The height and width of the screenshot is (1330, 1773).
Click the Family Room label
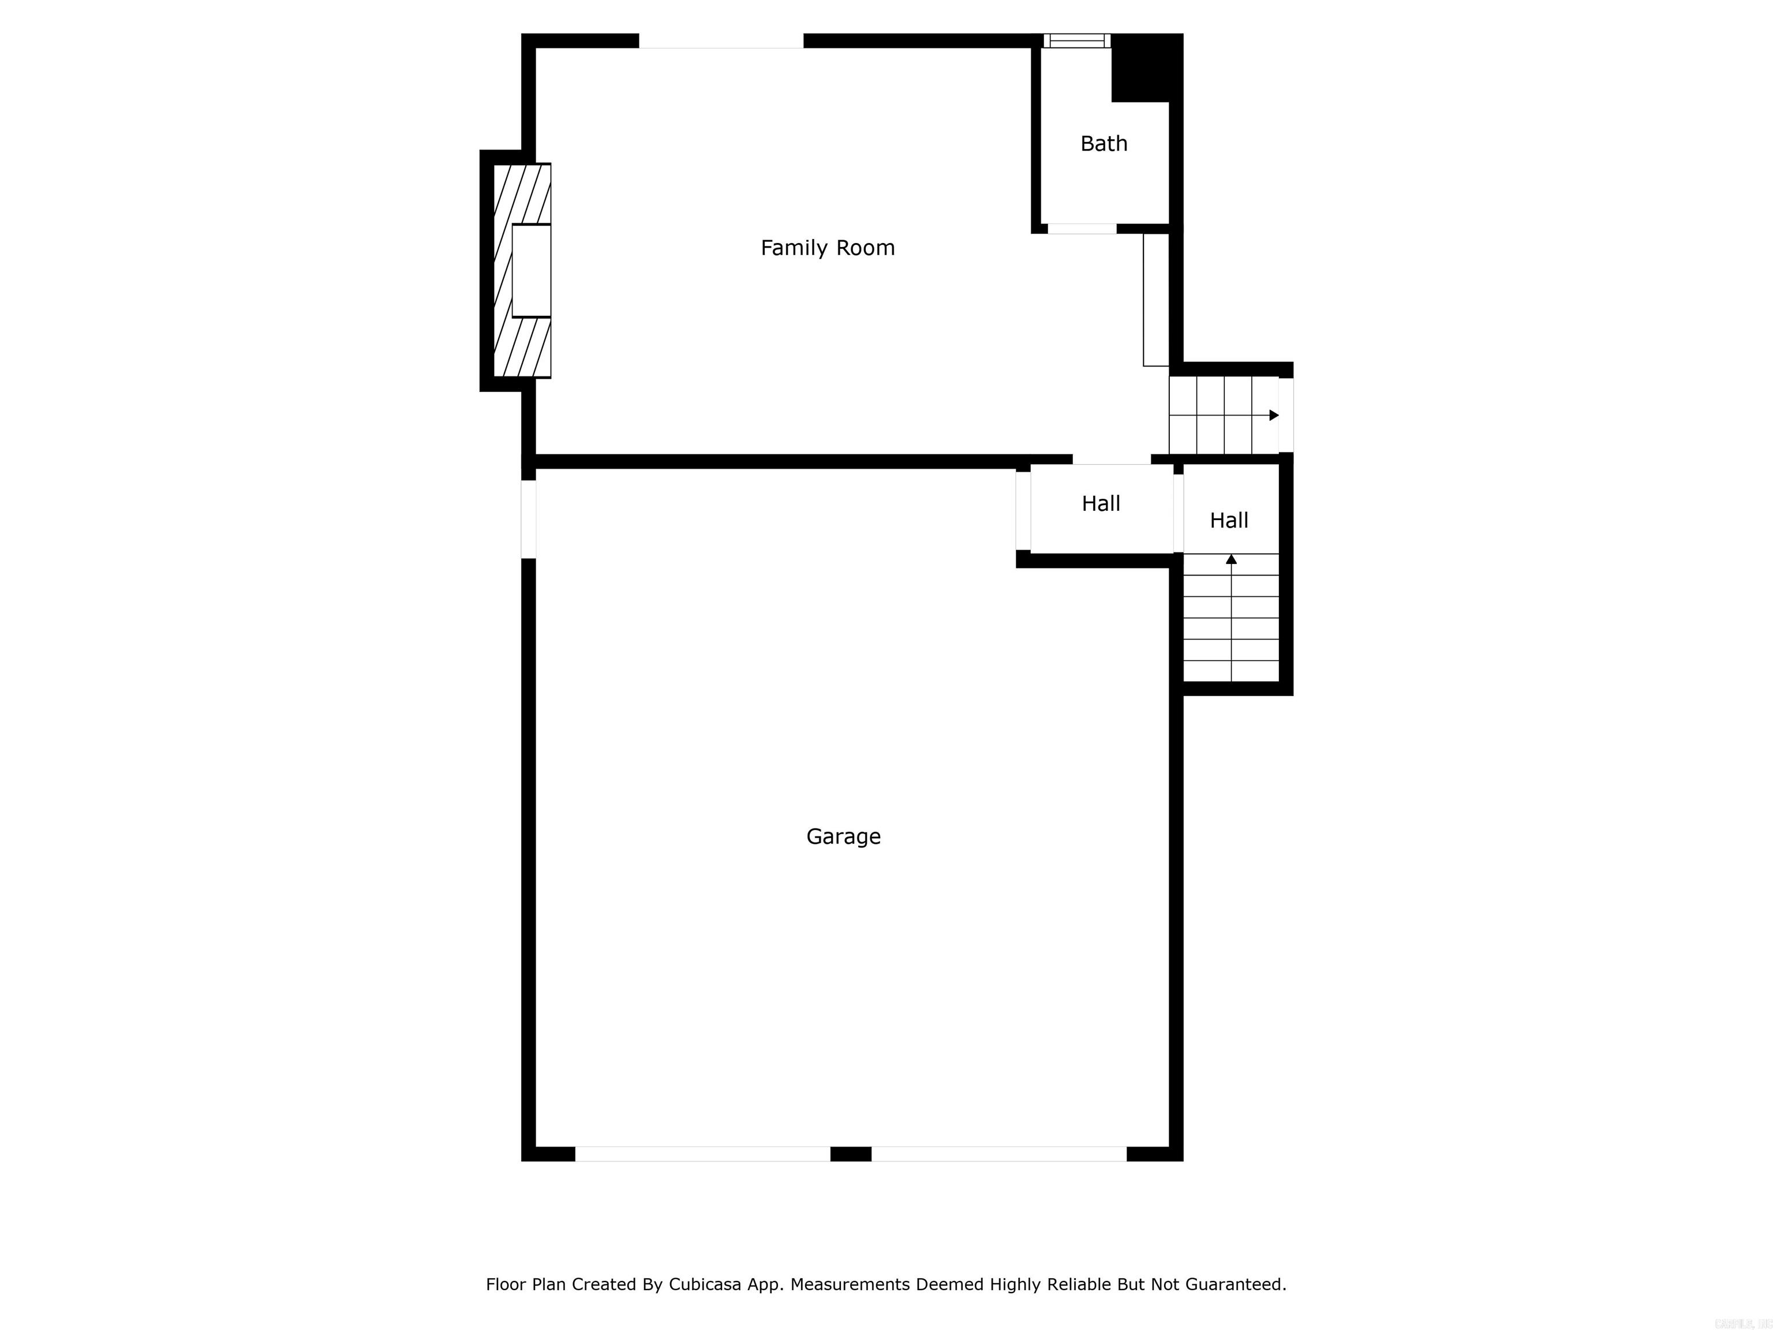(x=827, y=248)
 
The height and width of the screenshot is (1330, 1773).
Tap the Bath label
(x=1104, y=144)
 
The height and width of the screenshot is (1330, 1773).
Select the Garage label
(x=843, y=836)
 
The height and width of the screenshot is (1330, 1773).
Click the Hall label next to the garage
(x=1101, y=503)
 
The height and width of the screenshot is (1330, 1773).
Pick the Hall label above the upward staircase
(x=1229, y=520)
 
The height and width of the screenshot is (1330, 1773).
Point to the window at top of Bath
(x=1076, y=41)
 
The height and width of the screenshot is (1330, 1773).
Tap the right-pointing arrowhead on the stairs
(x=1274, y=415)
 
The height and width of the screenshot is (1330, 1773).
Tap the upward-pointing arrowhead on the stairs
(x=1231, y=559)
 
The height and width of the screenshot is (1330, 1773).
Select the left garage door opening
(x=702, y=1153)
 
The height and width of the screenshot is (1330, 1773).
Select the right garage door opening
(x=998, y=1153)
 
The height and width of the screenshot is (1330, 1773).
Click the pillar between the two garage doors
(x=851, y=1153)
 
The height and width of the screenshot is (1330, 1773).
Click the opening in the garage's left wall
(x=528, y=519)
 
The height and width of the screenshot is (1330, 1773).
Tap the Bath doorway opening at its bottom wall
(x=1081, y=229)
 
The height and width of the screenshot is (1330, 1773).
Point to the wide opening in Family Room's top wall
(x=721, y=41)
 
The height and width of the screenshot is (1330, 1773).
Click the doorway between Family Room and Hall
(x=1111, y=460)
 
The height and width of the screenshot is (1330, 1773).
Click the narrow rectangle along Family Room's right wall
(x=1156, y=300)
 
